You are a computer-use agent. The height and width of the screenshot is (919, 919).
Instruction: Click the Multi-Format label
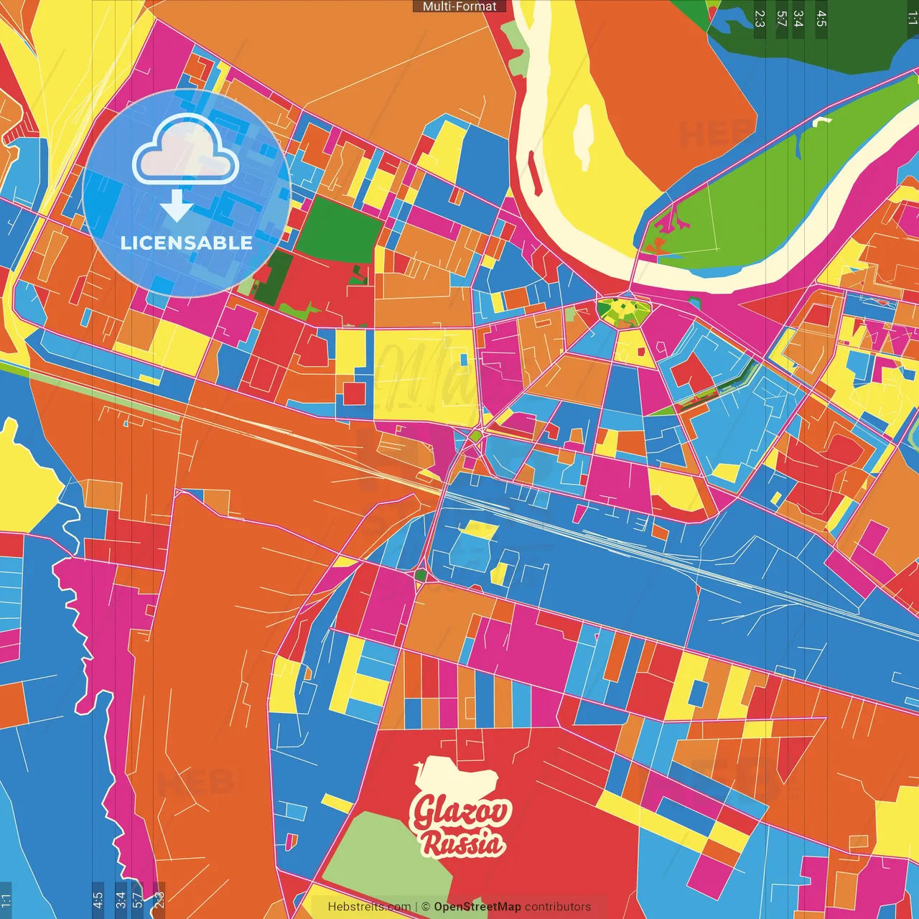coord(459,6)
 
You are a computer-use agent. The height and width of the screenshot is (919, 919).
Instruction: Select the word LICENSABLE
coord(187,243)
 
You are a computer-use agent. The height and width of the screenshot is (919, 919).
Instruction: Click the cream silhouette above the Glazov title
coord(457,775)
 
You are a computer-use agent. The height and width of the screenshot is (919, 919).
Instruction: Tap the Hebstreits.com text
coord(369,907)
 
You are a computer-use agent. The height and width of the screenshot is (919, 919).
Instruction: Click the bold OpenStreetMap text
coord(477,907)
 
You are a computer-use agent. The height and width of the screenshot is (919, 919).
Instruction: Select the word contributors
coord(558,907)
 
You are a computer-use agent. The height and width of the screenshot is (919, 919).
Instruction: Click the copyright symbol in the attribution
coord(425,907)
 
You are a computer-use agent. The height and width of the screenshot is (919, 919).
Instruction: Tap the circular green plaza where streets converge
coord(623,311)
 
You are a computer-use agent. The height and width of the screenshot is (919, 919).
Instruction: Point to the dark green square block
coord(338,230)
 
